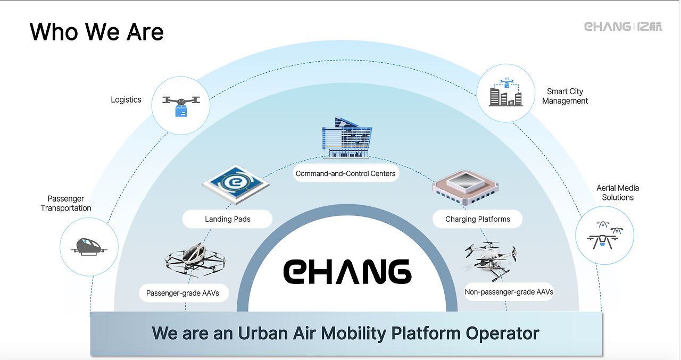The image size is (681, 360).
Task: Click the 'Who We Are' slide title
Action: [96, 31]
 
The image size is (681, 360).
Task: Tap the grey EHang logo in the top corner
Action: [623, 27]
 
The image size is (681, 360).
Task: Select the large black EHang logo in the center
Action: [347, 271]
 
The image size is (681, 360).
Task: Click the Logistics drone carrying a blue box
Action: [181, 106]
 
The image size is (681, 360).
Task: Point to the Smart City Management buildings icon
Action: [506, 92]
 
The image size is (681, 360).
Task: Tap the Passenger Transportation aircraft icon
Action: [89, 247]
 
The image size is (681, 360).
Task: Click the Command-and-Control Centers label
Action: [346, 173]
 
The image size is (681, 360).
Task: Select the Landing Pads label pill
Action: [227, 219]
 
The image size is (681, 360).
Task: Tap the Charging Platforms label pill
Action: [478, 219]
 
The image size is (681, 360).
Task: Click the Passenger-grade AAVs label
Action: [182, 293]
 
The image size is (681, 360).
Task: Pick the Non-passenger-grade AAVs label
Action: [509, 292]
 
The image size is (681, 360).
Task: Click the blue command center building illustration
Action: [347, 137]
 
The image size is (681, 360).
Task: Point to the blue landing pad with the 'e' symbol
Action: [236, 184]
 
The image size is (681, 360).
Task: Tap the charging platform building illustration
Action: [466, 187]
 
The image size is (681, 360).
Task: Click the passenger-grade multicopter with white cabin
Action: [195, 259]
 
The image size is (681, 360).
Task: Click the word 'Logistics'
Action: [126, 99]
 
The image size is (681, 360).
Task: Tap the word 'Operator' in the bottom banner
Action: [503, 333]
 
